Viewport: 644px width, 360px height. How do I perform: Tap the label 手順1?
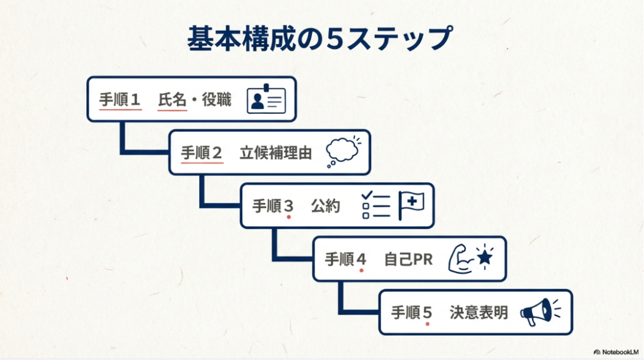120,99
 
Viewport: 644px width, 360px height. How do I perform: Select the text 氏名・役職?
194,99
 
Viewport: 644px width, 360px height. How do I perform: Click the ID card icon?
266,99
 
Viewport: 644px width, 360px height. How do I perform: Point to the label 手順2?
202,153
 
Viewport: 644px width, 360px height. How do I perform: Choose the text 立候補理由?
275,153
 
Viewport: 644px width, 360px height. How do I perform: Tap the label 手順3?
274,206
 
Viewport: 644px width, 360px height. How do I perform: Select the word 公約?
326,206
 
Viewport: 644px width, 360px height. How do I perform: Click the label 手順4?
345,259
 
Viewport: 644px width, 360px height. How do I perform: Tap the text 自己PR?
408,259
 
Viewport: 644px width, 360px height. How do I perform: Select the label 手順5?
412,312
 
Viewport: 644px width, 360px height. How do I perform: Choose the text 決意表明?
479,312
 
